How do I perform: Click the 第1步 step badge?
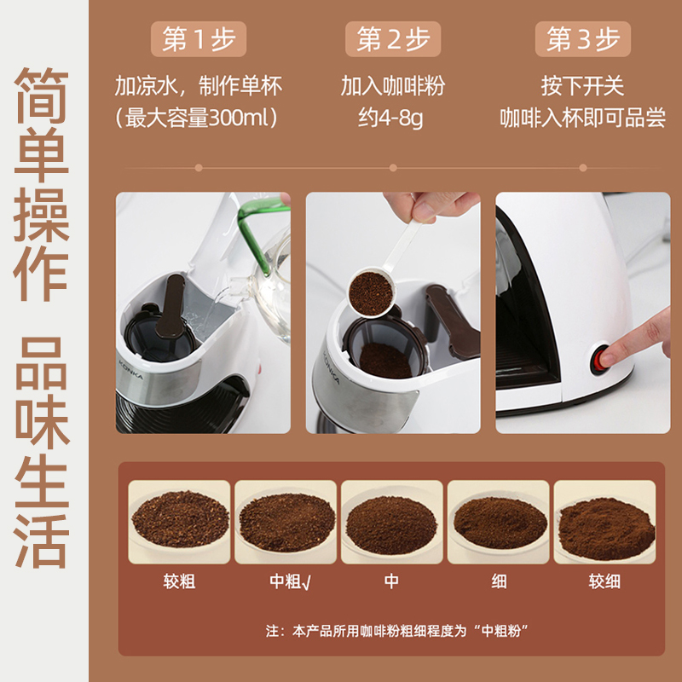tap(199, 38)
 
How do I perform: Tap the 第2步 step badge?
tap(393, 38)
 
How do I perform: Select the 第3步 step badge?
tap(583, 38)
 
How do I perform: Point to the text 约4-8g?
tap(390, 118)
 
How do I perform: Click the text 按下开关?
tap(583, 86)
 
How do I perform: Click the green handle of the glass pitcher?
tap(259, 230)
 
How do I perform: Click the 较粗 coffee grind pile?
tap(180, 518)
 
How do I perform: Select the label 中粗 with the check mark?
tap(290, 581)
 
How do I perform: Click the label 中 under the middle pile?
tap(391, 581)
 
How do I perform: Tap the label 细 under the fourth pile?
tap(499, 581)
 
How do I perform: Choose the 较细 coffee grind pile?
tap(607, 529)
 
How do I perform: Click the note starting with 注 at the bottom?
tap(396, 631)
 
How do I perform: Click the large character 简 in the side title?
tap(42, 95)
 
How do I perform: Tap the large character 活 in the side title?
tap(42, 540)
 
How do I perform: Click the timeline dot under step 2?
tap(393, 168)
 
